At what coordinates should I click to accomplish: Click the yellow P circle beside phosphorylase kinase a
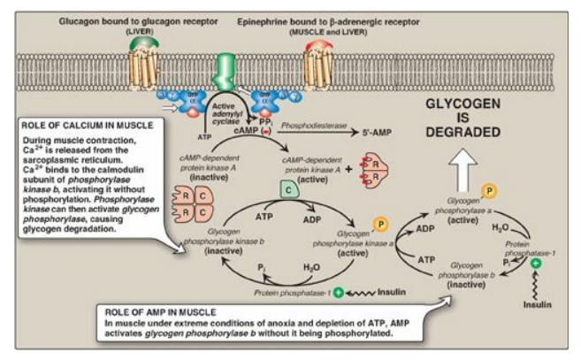[381, 223]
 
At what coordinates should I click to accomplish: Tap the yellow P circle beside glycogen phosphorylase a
[487, 191]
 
